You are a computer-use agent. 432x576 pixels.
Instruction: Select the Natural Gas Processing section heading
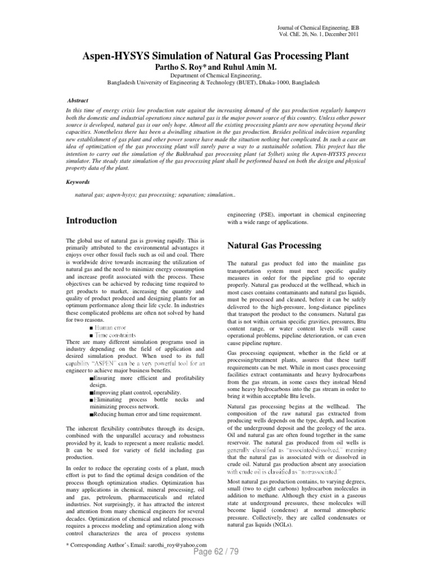(x=273, y=245)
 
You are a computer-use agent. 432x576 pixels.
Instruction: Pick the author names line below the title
(x=209, y=67)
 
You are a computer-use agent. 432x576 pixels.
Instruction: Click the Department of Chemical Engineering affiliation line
(x=208, y=75)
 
